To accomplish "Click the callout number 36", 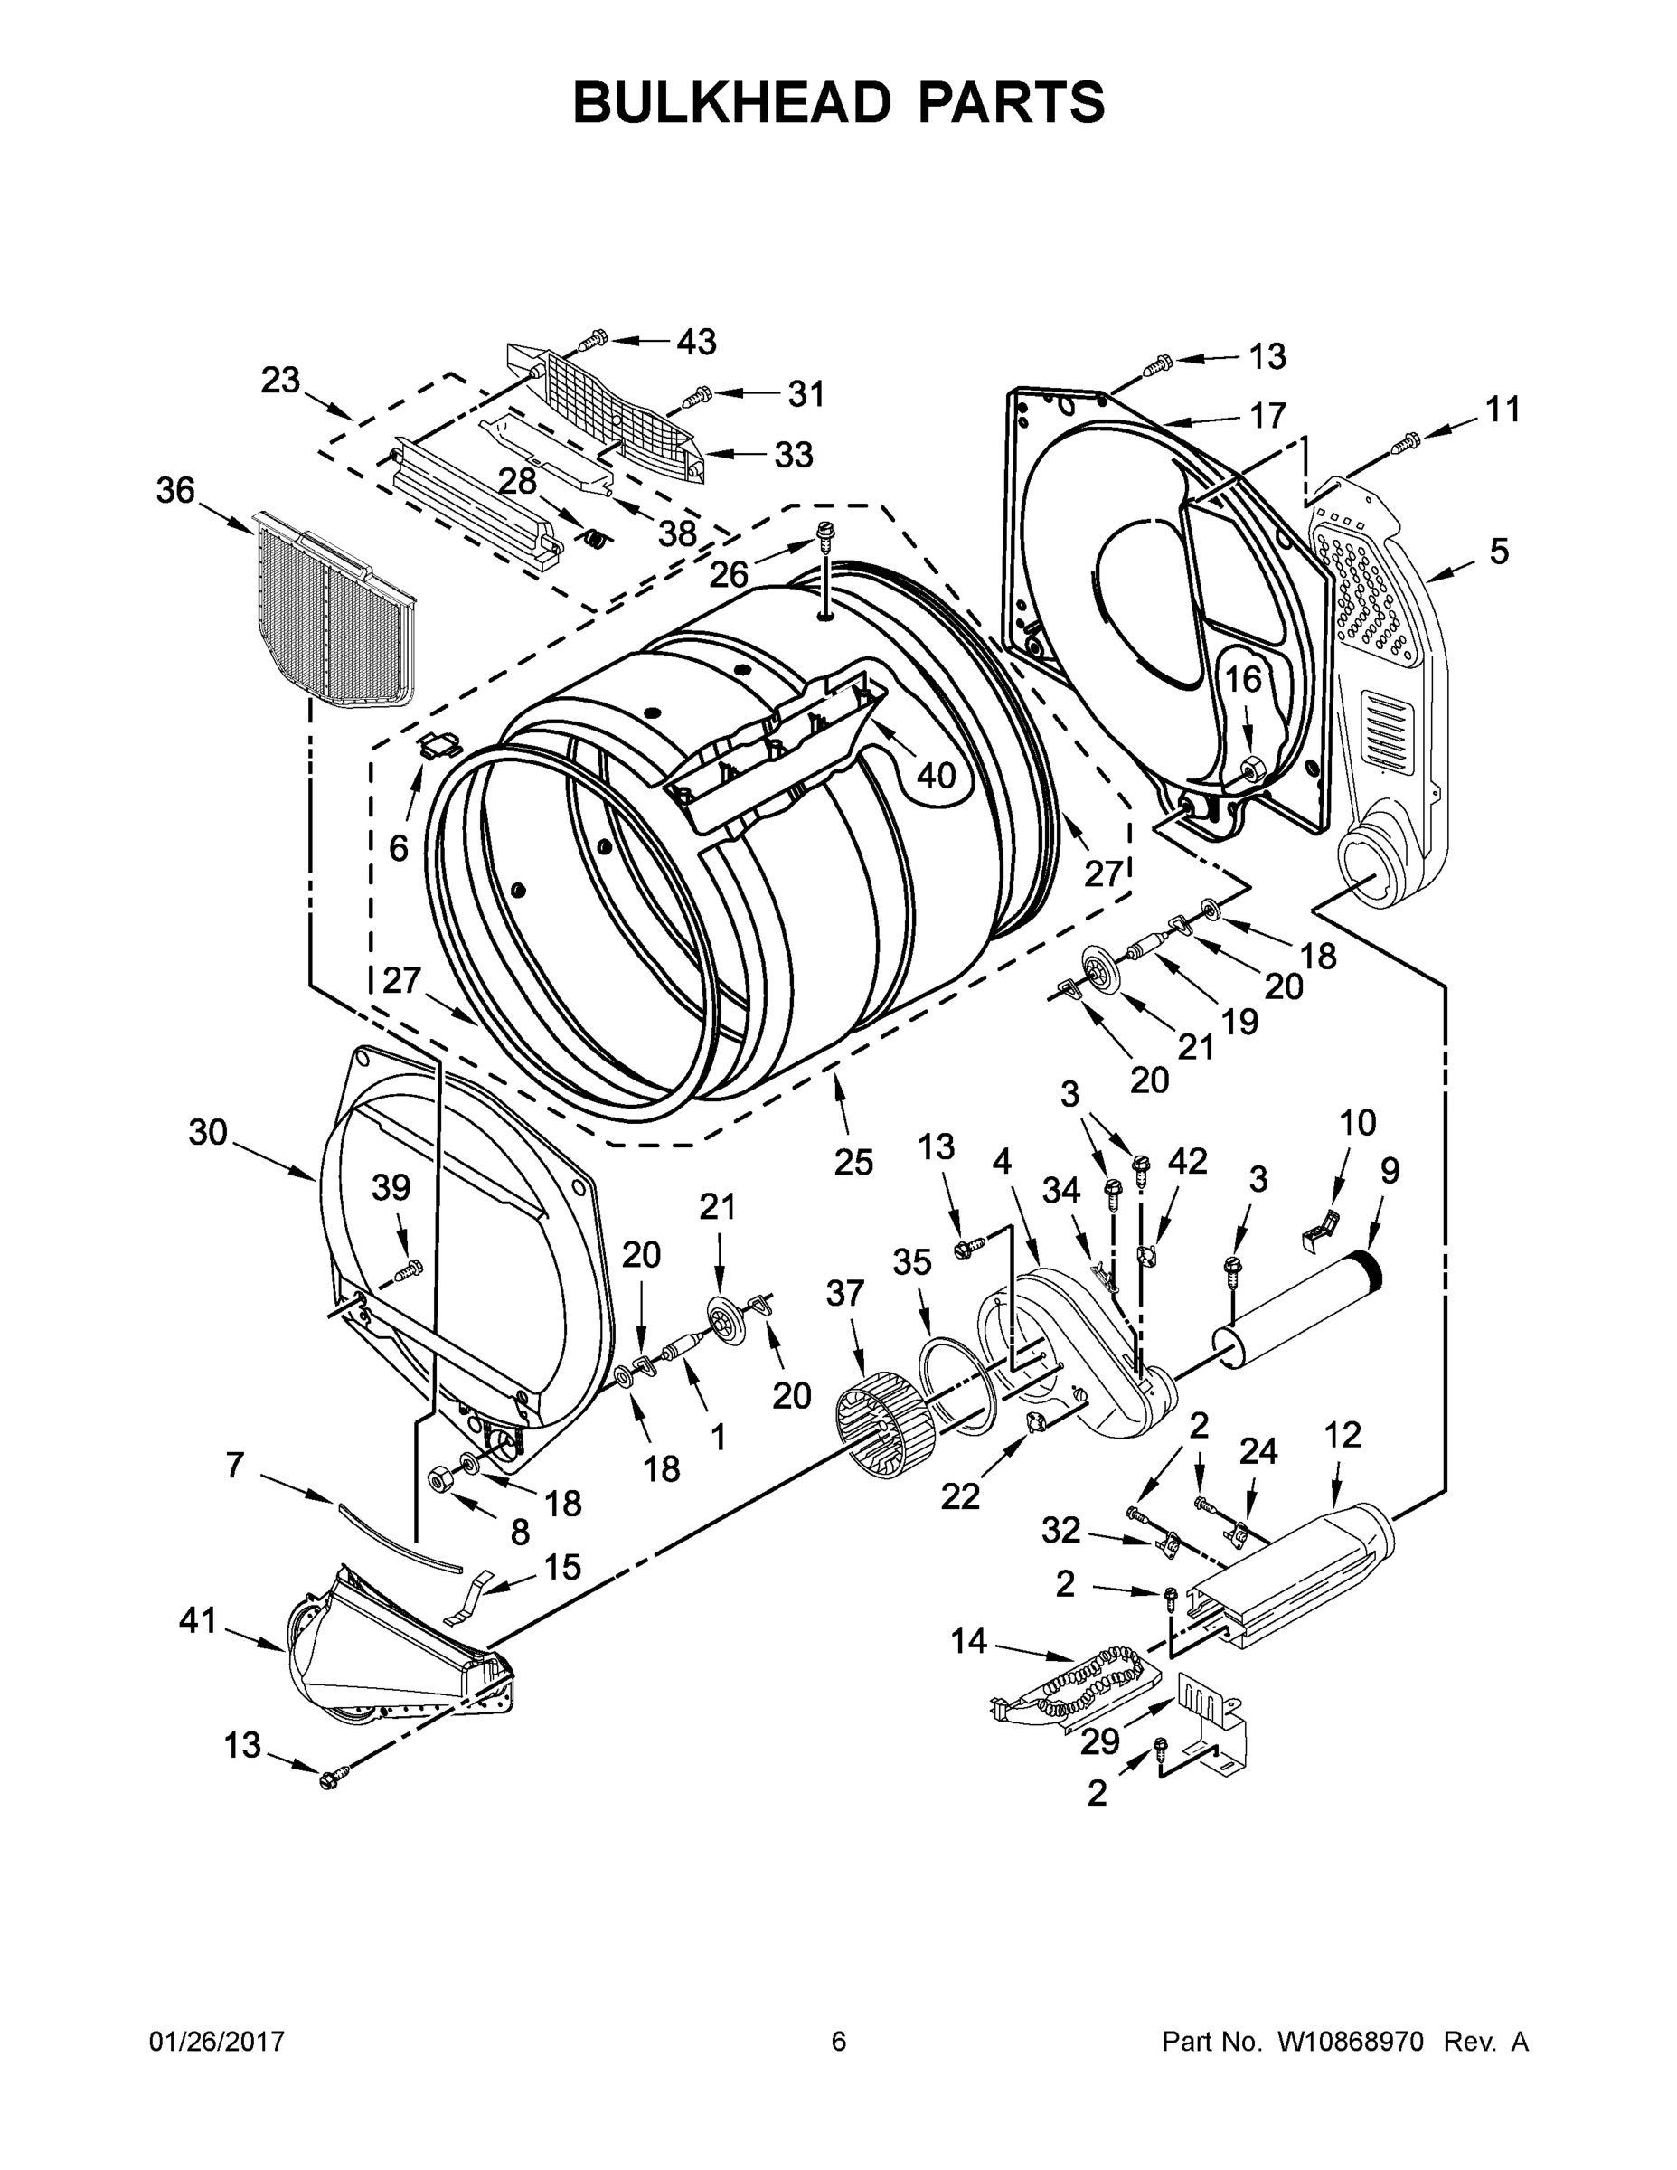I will tap(176, 491).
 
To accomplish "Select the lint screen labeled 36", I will tap(333, 616).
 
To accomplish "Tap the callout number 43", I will tap(696, 342).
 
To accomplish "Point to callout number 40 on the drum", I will tap(936, 775).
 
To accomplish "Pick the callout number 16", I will tap(1242, 681).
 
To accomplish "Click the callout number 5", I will tap(1498, 552).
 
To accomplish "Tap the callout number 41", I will tap(197, 1620).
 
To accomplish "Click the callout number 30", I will tap(208, 1132).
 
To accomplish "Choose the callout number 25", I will tap(853, 1162).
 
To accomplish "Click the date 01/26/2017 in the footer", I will tap(217, 2042).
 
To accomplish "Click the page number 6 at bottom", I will tap(839, 2042).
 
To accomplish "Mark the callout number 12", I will tap(1343, 1436).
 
